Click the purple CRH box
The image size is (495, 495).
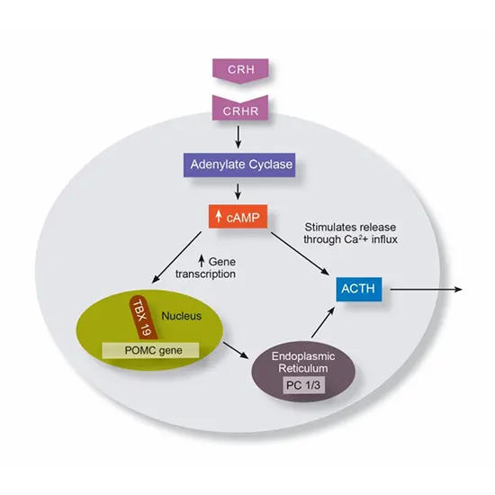point(238,68)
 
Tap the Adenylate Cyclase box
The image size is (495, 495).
point(238,166)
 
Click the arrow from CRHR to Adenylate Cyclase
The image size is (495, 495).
point(238,136)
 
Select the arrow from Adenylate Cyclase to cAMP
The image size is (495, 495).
point(238,191)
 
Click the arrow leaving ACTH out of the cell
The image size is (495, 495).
point(428,290)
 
